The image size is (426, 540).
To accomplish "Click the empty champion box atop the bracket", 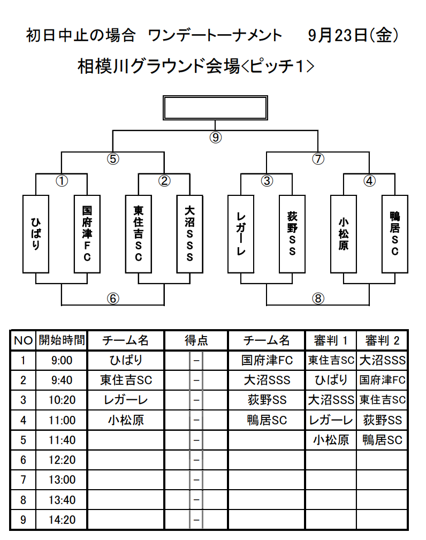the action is [x=215, y=108].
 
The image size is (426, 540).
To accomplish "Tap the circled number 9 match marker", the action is [x=216, y=138].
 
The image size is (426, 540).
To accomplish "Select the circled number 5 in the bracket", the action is [x=113, y=159].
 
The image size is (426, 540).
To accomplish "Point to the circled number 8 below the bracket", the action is [x=318, y=298].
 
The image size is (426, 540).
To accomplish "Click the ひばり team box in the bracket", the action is [x=36, y=234].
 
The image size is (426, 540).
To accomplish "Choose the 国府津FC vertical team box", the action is [x=87, y=234].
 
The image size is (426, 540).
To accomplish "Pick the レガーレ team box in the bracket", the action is [x=241, y=234].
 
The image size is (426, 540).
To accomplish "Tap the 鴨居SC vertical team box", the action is [x=395, y=234].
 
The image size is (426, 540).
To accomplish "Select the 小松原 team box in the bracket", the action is [x=344, y=234].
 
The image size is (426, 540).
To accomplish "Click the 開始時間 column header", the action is [x=62, y=340].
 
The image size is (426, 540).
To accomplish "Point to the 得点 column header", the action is [x=196, y=340].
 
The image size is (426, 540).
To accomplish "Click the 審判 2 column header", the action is [x=382, y=340].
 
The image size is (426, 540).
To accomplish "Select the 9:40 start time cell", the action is [x=62, y=380].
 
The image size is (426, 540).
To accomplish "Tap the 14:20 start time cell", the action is [x=62, y=520].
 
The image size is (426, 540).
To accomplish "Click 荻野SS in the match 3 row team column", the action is [x=267, y=400].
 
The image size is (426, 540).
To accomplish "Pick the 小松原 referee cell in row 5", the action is [x=331, y=440].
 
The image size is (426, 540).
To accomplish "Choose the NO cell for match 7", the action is [x=23, y=480].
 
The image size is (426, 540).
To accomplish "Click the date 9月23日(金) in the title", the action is [x=353, y=35].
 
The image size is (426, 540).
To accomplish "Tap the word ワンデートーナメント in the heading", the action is [x=215, y=35].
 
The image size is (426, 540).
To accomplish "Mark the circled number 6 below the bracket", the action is [x=113, y=298].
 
